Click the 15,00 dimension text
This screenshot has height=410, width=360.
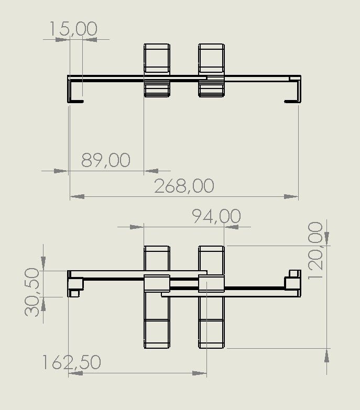(x=73, y=28)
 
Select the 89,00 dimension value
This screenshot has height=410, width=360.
(x=106, y=160)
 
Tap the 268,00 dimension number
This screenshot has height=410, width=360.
(x=184, y=186)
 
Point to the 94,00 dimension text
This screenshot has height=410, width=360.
(x=216, y=216)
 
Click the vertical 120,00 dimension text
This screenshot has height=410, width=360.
(x=315, y=251)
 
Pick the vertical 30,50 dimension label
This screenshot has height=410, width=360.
(x=32, y=292)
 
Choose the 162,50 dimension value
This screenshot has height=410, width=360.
(x=71, y=362)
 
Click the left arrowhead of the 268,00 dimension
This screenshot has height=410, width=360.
(x=77, y=196)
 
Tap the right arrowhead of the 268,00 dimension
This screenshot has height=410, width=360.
(x=291, y=196)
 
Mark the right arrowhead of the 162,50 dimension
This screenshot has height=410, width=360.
(x=199, y=373)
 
